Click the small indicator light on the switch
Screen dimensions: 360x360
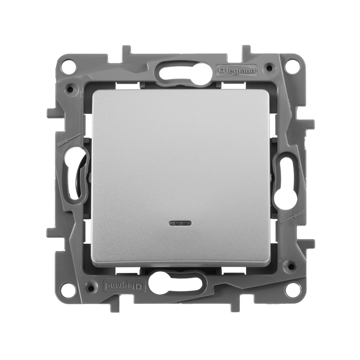pyautogui.click(x=180, y=223)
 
